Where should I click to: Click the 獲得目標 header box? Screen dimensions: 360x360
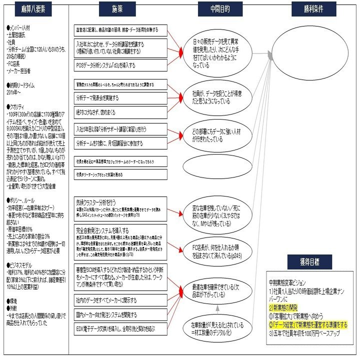[x=313, y=261]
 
